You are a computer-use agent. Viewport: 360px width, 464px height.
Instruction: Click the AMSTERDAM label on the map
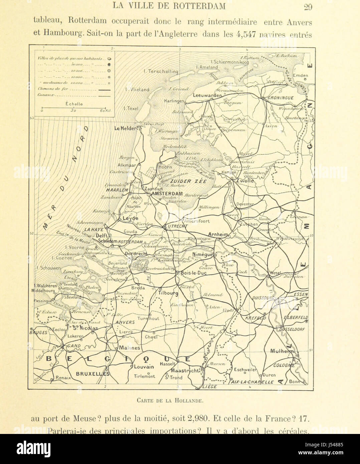167,194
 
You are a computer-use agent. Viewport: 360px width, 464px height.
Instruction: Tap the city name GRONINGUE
281,98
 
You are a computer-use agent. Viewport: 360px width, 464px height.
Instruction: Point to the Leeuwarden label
207,95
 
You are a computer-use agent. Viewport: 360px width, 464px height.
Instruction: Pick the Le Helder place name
126,128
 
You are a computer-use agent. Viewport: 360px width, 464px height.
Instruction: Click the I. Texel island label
131,108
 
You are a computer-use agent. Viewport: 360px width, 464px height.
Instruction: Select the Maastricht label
185,371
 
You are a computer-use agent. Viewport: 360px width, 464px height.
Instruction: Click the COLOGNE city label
284,365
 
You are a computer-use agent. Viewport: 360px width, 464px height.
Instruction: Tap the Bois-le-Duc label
194,273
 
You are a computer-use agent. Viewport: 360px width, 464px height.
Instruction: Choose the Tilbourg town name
168,293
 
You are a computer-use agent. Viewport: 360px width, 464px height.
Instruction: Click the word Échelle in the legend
74,104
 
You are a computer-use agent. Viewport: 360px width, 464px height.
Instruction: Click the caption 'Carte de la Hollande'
170,400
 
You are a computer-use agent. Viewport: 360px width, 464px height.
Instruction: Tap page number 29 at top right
308,6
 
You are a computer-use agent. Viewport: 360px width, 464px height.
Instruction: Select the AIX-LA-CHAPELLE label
253,382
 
